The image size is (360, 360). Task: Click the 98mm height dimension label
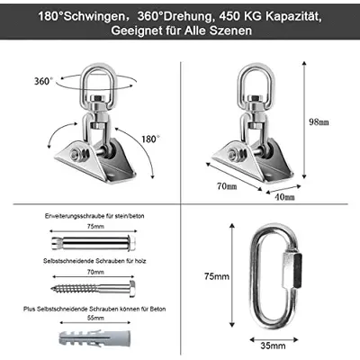click(319, 121)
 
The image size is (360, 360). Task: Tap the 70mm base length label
click(227, 186)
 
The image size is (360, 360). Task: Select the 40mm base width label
click(285, 197)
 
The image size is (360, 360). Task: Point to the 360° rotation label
click(43, 81)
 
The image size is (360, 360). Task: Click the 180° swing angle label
click(150, 139)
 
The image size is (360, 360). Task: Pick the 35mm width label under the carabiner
click(273, 346)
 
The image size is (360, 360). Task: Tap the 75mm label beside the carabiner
click(217, 276)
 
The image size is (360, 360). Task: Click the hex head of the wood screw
click(132, 289)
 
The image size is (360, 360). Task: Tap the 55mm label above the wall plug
click(95, 318)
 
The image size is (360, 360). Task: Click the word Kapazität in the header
click(293, 16)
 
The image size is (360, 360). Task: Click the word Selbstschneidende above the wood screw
click(68, 261)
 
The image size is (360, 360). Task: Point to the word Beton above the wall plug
click(157, 309)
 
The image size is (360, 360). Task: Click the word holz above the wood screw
click(140, 261)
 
